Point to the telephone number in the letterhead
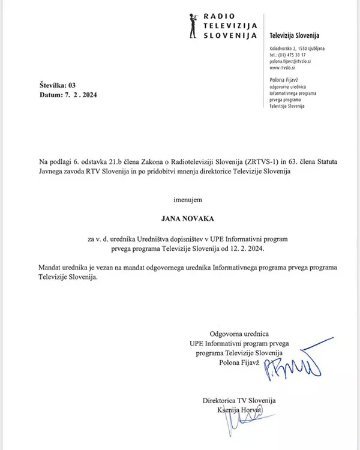292,55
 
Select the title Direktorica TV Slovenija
239,401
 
